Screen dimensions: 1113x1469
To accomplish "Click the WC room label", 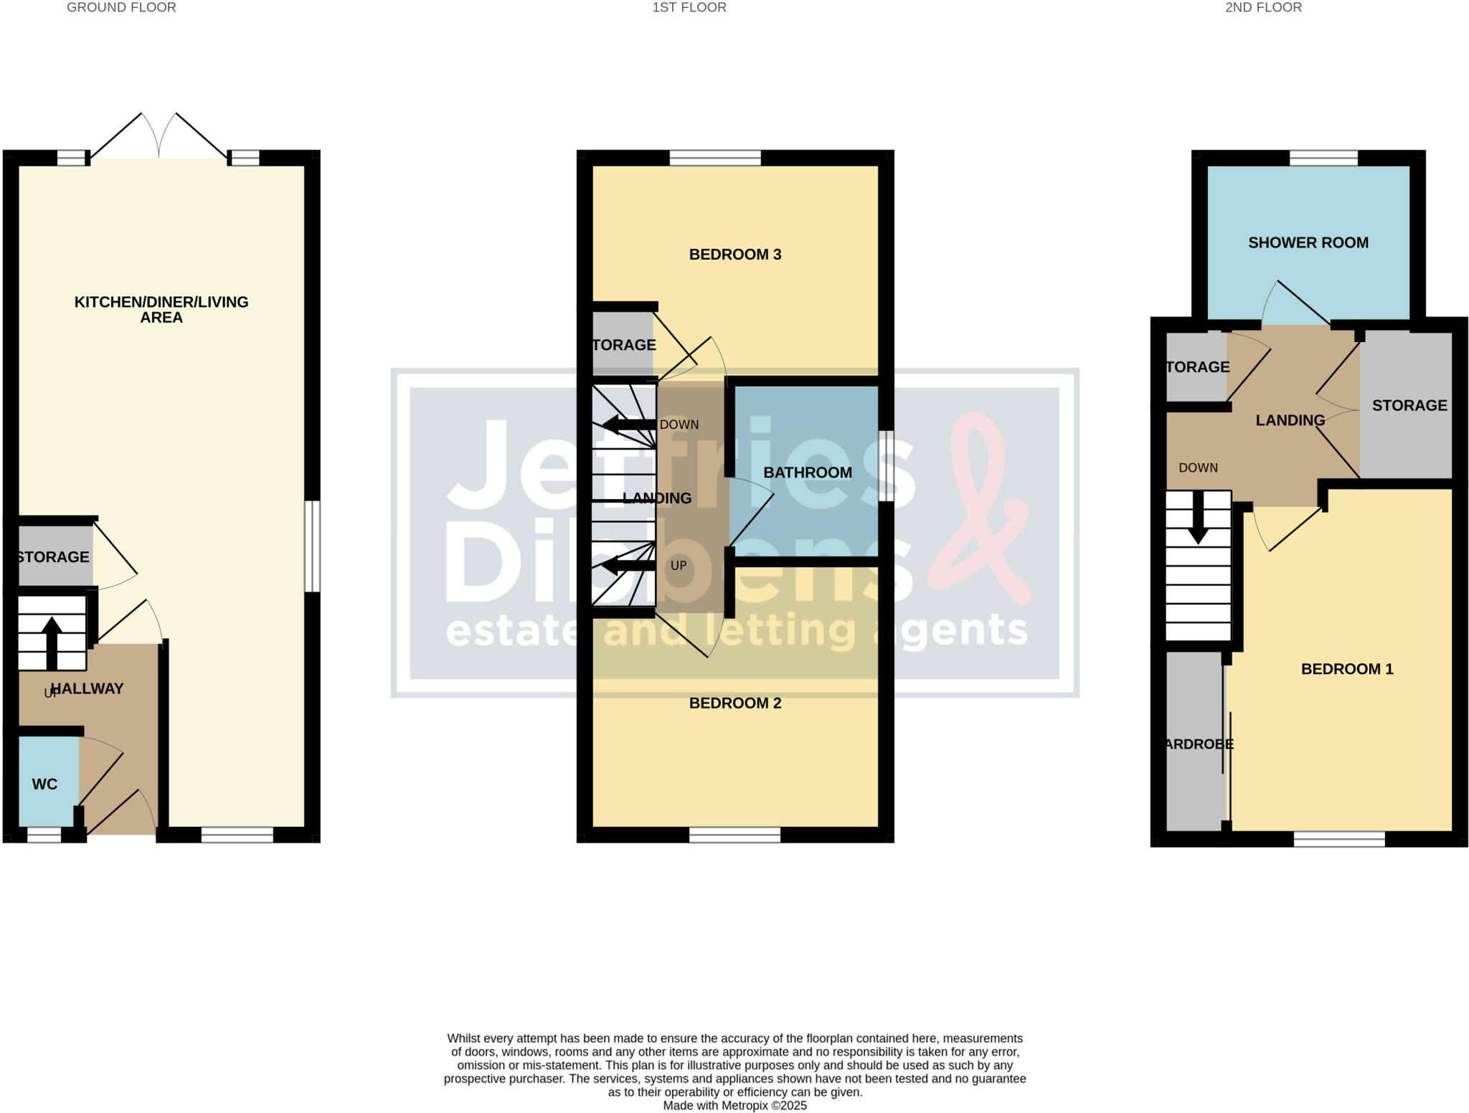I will tap(44, 784).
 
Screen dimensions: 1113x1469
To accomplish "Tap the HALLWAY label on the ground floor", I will tap(88, 688).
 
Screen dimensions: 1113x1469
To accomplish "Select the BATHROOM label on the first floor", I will tap(808, 473).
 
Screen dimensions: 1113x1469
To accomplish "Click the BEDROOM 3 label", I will tap(734, 255).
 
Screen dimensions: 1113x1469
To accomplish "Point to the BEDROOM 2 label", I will tap(734, 704).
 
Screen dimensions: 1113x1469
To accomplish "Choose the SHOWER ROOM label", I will tap(1308, 243).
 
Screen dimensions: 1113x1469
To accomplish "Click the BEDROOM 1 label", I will tap(1346, 669).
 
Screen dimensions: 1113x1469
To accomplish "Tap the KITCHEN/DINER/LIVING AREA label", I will tap(161, 310).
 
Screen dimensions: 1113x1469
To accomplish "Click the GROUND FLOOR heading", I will tap(121, 8).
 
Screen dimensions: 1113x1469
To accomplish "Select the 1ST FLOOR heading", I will tap(689, 8).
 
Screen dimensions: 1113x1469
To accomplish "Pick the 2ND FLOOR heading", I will tap(1263, 8).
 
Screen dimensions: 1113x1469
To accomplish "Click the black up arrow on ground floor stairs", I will tap(52, 642).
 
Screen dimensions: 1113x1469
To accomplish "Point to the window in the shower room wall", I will tap(1323, 158).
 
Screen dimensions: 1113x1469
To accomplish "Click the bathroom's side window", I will tap(887, 465).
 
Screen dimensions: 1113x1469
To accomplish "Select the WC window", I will tap(44, 835).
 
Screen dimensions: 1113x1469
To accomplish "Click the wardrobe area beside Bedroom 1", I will tap(1194, 744).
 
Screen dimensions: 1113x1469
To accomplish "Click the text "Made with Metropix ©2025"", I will tap(734, 1105).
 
